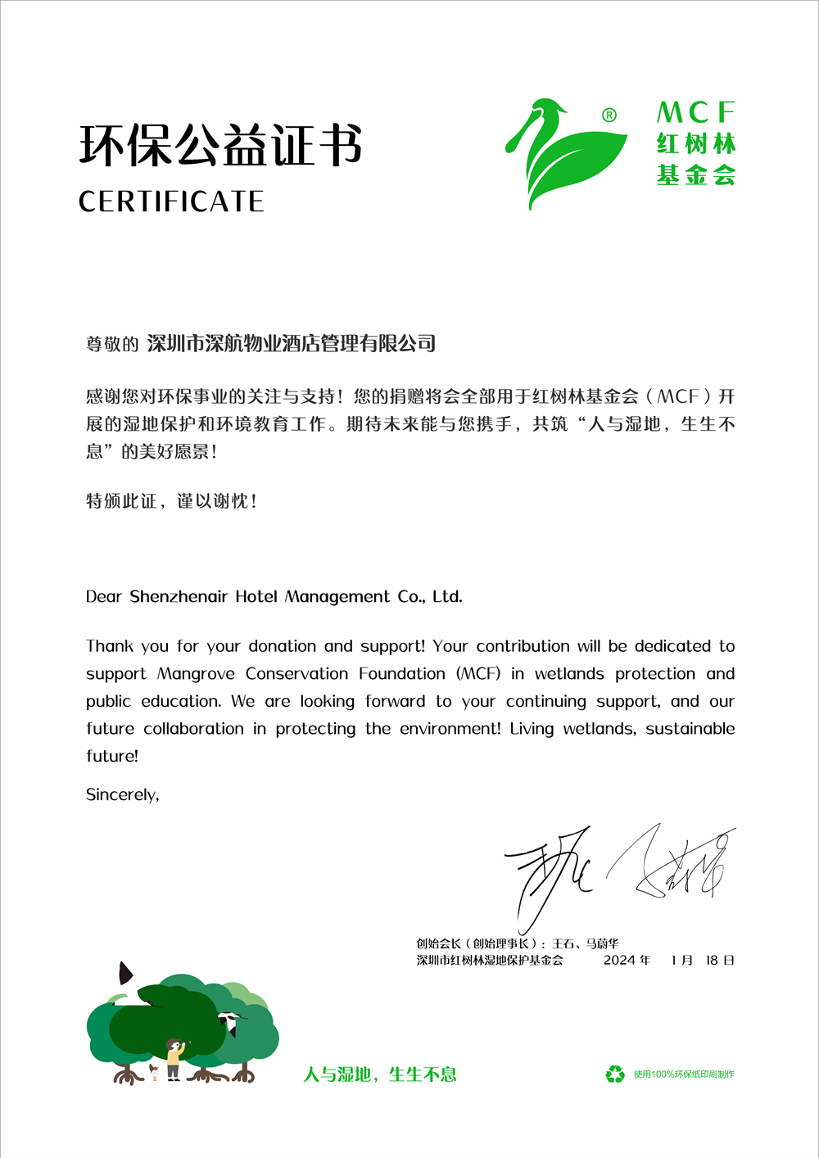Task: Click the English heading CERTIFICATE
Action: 171,201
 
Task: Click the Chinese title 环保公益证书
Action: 220,147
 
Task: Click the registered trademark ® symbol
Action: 609,115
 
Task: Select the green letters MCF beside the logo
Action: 695,113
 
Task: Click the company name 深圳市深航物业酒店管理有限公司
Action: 291,343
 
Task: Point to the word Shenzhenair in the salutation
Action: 179,597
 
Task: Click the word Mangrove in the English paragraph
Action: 196,674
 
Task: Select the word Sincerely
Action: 122,795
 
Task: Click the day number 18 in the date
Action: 712,961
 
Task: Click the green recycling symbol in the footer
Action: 615,1074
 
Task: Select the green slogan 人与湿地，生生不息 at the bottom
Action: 380,1074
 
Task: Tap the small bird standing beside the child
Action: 153,1072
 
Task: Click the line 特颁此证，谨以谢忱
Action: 171,501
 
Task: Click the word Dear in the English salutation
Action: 104,597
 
